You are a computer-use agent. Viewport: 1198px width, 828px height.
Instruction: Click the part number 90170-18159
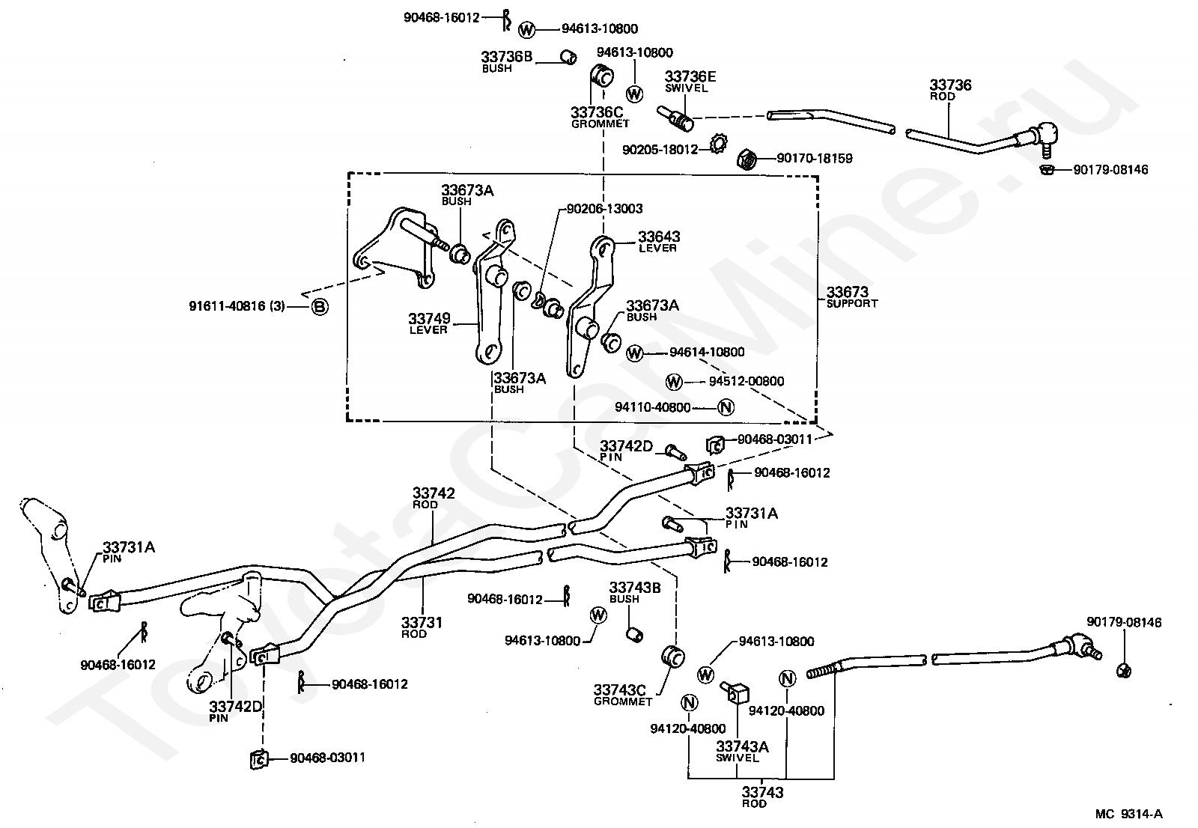point(815,158)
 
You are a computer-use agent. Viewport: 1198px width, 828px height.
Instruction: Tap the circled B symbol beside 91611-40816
point(320,306)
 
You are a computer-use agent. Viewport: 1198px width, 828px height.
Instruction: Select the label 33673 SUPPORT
point(852,297)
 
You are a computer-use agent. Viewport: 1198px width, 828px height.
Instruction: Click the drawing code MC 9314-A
point(1128,814)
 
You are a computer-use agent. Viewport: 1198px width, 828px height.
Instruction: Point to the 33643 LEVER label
point(659,241)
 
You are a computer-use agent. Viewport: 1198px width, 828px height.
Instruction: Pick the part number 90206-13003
point(604,209)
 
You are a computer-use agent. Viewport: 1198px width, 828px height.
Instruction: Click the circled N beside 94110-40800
point(726,407)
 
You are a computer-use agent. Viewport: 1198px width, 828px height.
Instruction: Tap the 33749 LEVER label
point(429,323)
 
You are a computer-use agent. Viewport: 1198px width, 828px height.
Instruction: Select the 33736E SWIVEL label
point(690,82)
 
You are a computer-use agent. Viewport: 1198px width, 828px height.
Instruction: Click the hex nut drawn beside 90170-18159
point(746,159)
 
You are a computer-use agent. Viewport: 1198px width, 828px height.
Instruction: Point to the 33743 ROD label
point(762,796)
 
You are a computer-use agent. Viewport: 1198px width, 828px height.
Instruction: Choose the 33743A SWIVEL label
point(742,750)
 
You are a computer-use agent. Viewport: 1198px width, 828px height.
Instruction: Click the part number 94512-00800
point(746,381)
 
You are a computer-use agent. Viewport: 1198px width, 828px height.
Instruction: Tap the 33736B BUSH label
point(506,61)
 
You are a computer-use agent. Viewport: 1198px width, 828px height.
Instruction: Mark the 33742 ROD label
point(434,497)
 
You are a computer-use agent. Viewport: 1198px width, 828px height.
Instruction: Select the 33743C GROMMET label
point(622,695)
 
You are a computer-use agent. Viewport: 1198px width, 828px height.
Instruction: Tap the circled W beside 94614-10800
point(634,353)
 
